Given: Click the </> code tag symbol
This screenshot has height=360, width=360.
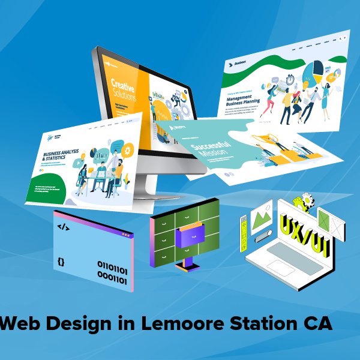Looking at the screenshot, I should tap(63, 227).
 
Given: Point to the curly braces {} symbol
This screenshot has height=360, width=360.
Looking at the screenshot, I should tap(61, 262).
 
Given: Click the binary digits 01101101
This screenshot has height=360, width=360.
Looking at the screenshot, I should tap(112, 265).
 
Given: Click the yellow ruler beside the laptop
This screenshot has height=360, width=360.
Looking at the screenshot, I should tap(245, 229).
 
